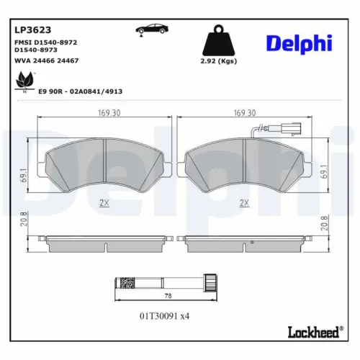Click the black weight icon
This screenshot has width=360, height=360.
coord(217,40)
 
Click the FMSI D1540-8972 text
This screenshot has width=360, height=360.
coord(47,44)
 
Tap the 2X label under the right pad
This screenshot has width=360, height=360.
coord(243,204)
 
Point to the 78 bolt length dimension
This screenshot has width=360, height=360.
coord(168,296)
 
